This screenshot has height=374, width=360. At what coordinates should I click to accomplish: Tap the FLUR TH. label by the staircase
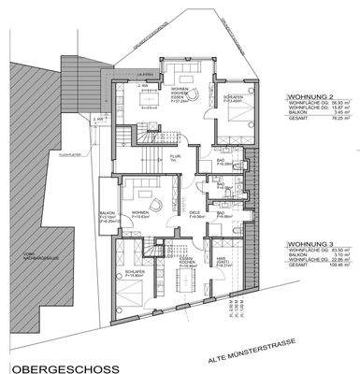[x=174, y=160]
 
